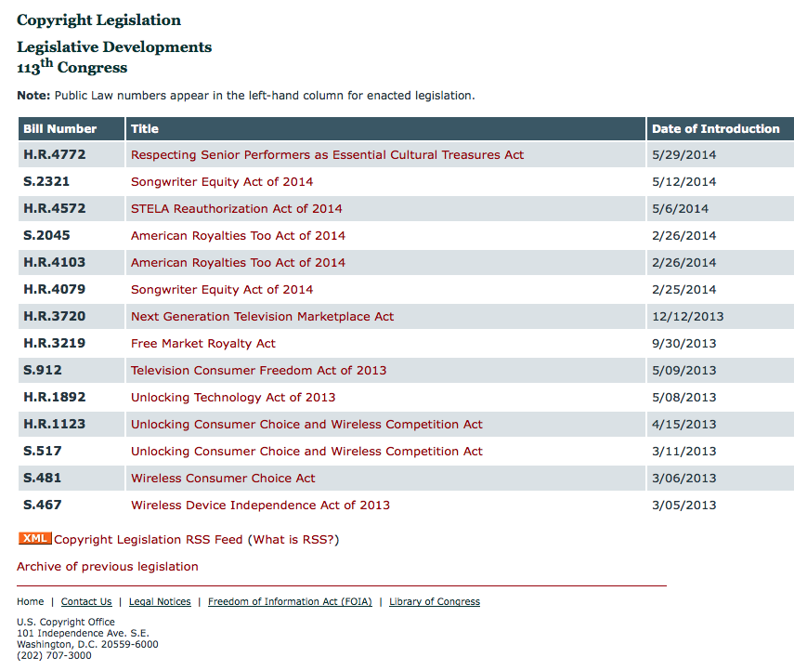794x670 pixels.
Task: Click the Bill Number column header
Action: [60, 129]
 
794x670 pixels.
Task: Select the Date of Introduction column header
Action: [715, 129]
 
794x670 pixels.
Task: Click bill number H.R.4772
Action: [55, 155]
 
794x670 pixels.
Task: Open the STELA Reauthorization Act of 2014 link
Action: [236, 209]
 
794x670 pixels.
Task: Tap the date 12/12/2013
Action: [687, 317]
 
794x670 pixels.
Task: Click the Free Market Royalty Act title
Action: [202, 344]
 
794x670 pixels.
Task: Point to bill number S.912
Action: [43, 371]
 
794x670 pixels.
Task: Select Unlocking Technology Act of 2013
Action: [233, 398]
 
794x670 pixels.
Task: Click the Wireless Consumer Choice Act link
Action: [223, 479]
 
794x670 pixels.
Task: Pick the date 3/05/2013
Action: [683, 506]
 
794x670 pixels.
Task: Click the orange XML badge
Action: [34, 538]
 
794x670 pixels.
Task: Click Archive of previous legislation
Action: [107, 567]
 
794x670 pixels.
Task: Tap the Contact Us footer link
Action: [86, 602]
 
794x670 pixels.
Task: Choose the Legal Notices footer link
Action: [160, 602]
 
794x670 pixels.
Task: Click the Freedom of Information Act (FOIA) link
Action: [290, 602]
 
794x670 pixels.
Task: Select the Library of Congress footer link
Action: [435, 602]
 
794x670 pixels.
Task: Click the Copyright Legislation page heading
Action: [98, 20]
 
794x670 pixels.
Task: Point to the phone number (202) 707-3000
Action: [54, 655]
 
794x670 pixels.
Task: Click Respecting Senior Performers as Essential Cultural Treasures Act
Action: [327, 155]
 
